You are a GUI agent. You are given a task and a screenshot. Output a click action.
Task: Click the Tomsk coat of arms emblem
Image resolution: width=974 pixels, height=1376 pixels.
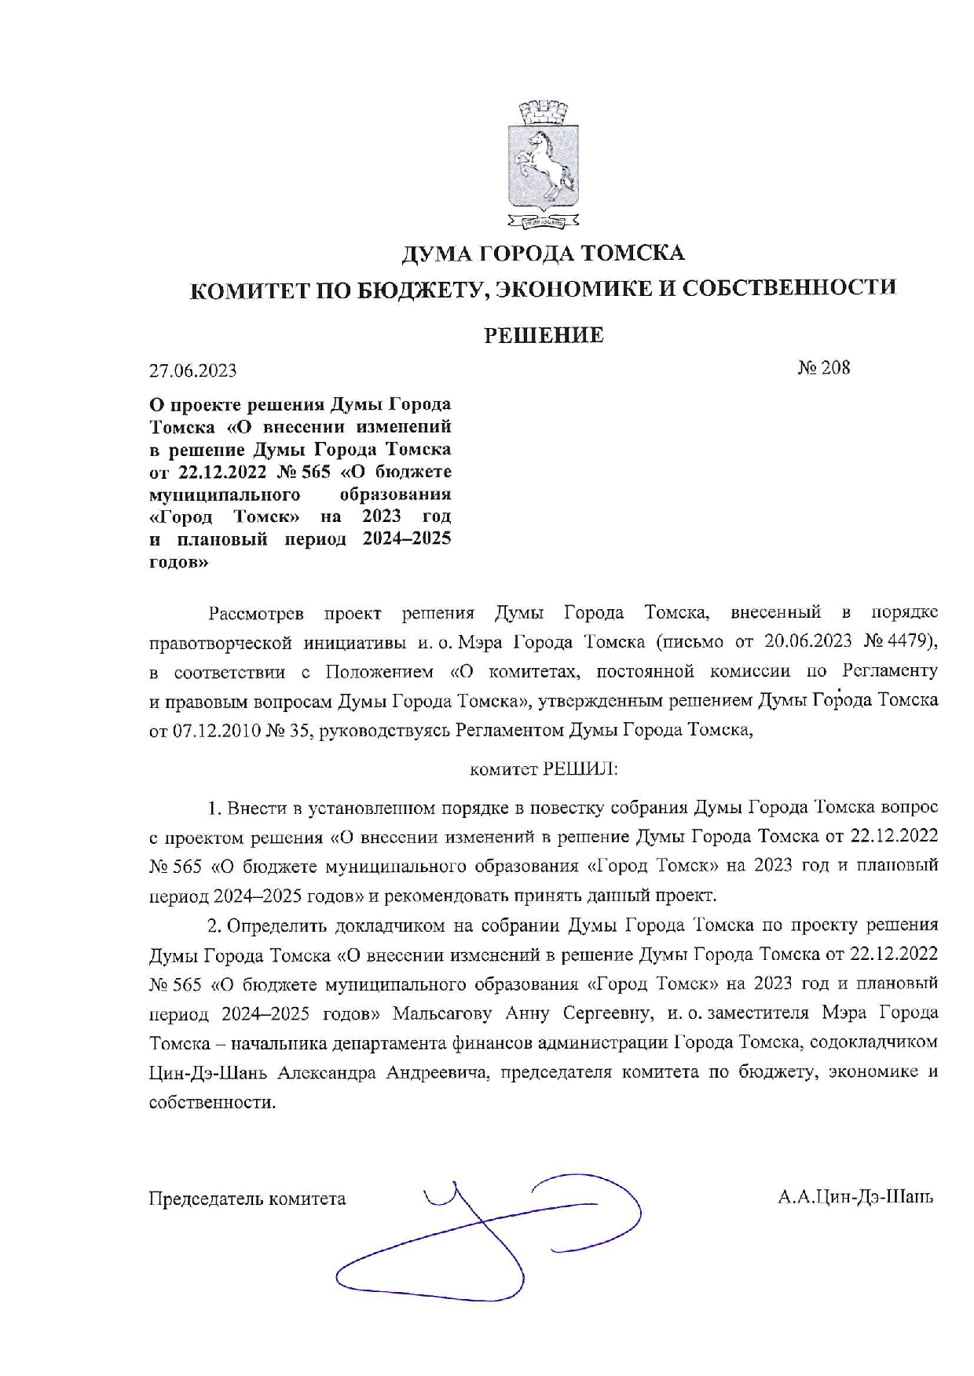(543, 164)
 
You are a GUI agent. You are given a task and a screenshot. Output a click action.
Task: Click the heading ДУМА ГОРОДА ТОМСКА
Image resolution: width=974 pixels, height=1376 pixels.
(543, 254)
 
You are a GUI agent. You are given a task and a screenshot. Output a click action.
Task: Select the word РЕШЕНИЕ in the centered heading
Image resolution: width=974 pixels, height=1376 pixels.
(543, 336)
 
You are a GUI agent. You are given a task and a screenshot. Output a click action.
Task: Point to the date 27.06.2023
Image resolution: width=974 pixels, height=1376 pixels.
(192, 370)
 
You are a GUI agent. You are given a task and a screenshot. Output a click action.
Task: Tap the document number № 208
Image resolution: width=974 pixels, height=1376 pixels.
(824, 368)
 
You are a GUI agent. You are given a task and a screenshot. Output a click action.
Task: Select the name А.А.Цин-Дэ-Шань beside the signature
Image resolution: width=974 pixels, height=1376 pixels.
(855, 1198)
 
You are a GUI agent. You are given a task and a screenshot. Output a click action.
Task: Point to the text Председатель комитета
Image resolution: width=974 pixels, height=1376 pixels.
(247, 1199)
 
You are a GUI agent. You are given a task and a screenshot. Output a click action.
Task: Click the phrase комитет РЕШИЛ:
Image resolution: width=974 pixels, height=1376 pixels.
(544, 769)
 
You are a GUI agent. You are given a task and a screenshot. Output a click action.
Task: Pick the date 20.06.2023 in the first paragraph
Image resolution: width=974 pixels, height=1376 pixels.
(808, 641)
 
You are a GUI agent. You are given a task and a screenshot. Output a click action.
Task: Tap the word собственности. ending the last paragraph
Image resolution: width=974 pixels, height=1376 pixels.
(212, 1102)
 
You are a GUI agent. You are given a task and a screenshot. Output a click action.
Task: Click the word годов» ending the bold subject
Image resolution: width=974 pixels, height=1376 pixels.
(179, 562)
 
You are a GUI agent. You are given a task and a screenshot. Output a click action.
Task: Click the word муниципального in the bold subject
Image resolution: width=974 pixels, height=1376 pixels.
(225, 495)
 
